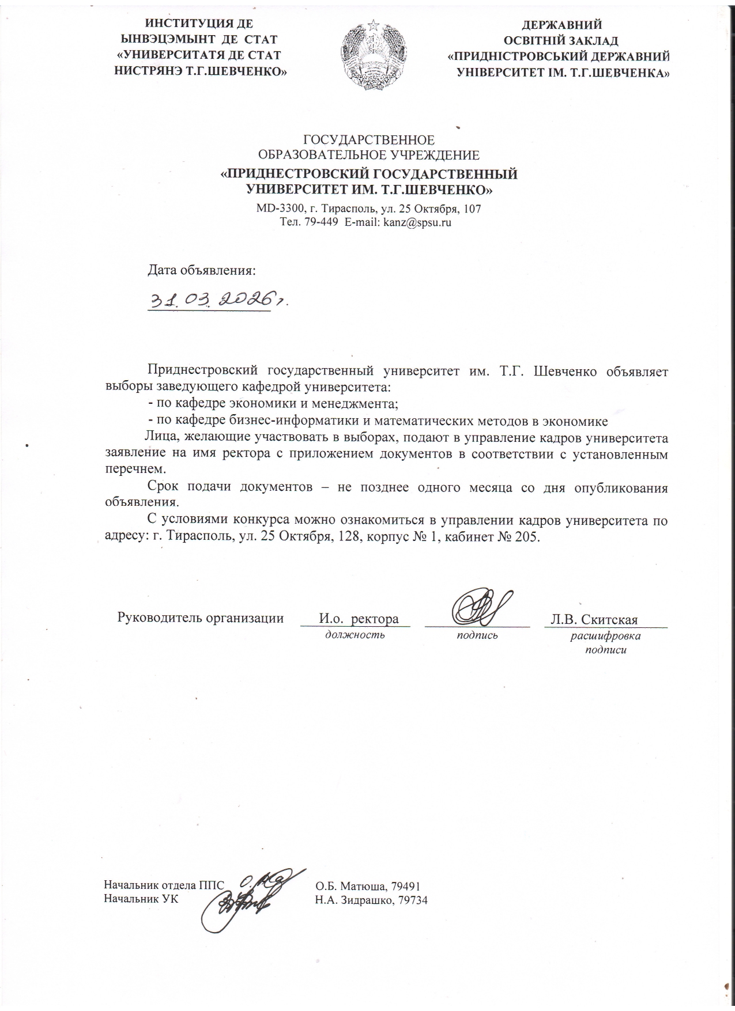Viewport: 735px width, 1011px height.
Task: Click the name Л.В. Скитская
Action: point(594,620)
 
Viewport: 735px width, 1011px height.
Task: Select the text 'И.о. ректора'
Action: point(359,619)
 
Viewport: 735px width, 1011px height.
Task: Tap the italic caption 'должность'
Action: point(355,635)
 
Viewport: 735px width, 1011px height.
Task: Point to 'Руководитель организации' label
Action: point(201,618)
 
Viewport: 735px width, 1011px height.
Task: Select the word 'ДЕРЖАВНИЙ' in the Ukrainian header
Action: point(561,25)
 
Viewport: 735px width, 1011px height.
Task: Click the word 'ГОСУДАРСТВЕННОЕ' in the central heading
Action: point(369,139)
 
